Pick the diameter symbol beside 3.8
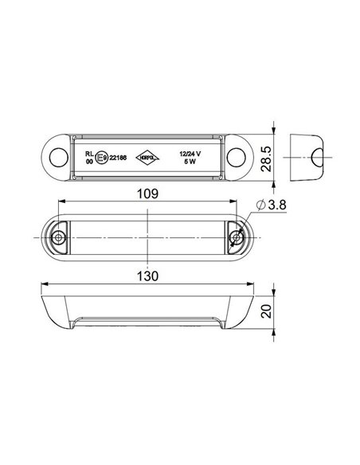[x=261, y=205]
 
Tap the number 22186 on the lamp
[x=120, y=158]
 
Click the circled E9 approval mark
[x=101, y=158]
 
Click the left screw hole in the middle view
[x=59, y=238]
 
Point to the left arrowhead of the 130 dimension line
[x=44, y=284]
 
